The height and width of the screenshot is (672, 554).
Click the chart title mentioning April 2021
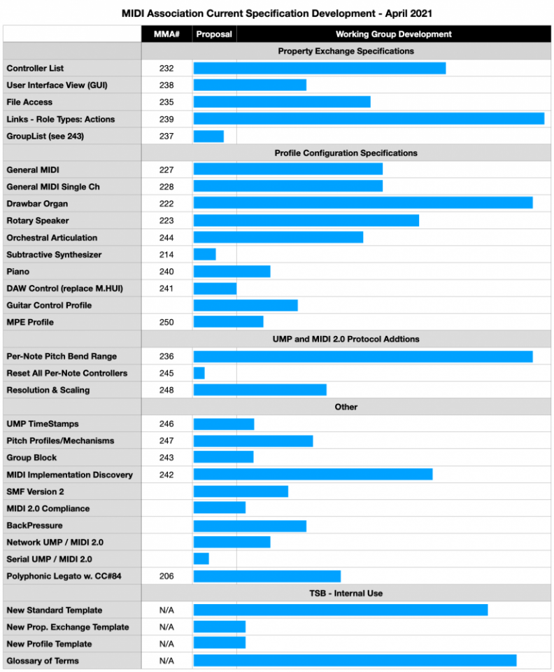click(276, 13)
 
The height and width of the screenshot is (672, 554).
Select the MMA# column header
click(166, 34)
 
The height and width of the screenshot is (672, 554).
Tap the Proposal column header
click(214, 34)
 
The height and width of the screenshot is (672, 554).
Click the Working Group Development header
click(393, 34)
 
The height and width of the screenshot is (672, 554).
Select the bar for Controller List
click(320, 68)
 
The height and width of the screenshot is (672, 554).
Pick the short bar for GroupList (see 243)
click(208, 136)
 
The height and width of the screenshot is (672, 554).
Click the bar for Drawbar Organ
click(363, 204)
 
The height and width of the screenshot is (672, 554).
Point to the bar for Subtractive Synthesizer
click(204, 254)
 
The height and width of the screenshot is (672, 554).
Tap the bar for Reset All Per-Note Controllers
click(199, 373)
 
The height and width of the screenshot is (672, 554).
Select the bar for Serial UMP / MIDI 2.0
click(201, 559)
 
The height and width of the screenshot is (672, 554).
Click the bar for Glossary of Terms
click(355, 661)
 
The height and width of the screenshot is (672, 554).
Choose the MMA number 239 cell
click(166, 119)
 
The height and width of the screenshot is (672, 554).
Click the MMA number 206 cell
click(166, 576)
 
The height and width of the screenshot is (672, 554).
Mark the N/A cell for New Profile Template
click(166, 644)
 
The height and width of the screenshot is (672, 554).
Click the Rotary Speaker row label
click(38, 220)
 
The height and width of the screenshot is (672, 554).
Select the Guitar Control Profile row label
click(49, 305)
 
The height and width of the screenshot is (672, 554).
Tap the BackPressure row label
click(34, 525)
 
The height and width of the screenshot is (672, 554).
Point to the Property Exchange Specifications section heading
click(346, 51)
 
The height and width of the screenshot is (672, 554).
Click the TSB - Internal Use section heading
click(346, 593)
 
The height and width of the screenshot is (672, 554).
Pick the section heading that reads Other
click(346, 407)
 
